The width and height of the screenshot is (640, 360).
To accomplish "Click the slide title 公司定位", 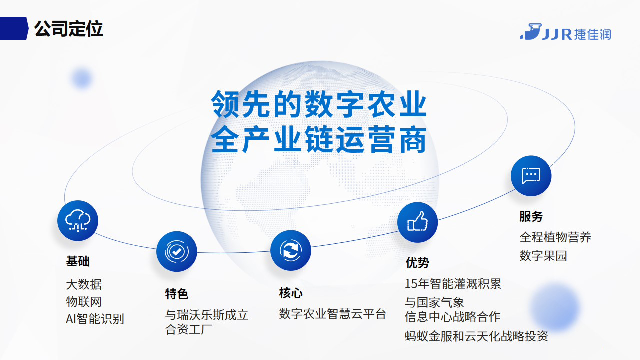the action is [x=68, y=29].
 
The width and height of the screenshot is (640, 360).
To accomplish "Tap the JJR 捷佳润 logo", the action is [x=565, y=32].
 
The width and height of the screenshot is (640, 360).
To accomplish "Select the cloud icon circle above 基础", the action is [x=78, y=221].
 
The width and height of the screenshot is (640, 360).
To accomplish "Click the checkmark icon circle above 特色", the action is [x=177, y=251].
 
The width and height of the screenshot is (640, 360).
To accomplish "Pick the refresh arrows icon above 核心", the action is [x=291, y=250].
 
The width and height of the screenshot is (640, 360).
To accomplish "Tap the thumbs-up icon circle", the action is [x=417, y=222].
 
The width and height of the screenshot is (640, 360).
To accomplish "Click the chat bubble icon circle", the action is [x=531, y=175].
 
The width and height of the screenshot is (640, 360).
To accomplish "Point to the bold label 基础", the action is [x=78, y=261].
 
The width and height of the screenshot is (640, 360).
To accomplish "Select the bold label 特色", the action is [x=177, y=294].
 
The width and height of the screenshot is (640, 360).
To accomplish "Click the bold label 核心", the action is [x=291, y=293].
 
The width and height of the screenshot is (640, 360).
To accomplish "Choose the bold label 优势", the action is [x=417, y=263].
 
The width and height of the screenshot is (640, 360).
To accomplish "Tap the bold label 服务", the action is [x=531, y=216].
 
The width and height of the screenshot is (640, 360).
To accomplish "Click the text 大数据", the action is [x=84, y=284].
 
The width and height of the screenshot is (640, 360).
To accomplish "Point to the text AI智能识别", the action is [x=95, y=319].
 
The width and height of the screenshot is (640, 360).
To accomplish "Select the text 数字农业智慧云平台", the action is [x=333, y=314].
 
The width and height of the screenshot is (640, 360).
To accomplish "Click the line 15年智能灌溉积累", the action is [x=453, y=284].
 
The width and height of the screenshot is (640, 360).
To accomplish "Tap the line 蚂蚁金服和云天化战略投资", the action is [x=476, y=336].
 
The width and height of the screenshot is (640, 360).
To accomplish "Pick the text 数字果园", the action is [x=543, y=255].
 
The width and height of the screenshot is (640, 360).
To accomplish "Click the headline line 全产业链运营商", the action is [x=319, y=140].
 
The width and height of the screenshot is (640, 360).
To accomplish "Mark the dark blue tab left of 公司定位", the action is [x=14, y=28].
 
